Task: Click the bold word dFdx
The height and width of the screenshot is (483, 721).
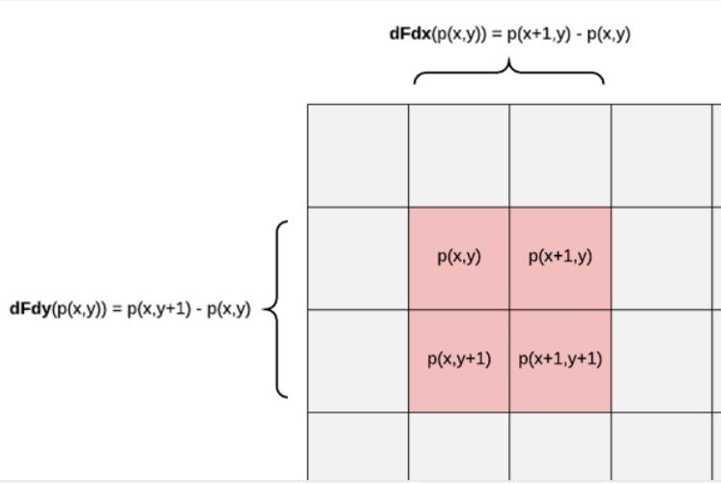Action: coord(410,34)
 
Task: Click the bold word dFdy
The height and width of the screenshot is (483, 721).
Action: coord(30,308)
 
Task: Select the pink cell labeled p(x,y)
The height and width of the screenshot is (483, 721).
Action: coord(459,258)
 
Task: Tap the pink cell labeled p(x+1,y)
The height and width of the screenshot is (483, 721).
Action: coord(560,258)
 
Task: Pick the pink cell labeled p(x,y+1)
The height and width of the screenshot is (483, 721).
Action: coord(459,361)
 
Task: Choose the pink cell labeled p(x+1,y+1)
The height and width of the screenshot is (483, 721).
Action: coord(560,361)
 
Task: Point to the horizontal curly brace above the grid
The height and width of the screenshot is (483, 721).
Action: coord(509,71)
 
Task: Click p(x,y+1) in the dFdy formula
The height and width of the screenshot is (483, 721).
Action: coord(159,309)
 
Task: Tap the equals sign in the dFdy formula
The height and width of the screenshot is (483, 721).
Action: coord(117,309)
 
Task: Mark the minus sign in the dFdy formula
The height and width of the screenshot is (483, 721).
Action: coord(199,310)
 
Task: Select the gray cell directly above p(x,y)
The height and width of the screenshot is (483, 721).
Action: coord(459,156)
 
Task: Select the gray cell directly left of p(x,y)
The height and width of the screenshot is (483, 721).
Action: coord(359,258)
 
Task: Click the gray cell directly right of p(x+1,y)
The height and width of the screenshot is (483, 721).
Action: coord(662,258)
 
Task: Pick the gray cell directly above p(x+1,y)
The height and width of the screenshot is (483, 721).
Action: coord(560,156)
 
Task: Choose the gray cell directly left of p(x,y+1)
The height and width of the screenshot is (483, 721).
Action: coord(359,361)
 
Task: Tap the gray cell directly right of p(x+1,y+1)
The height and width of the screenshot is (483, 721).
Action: coord(662,361)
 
